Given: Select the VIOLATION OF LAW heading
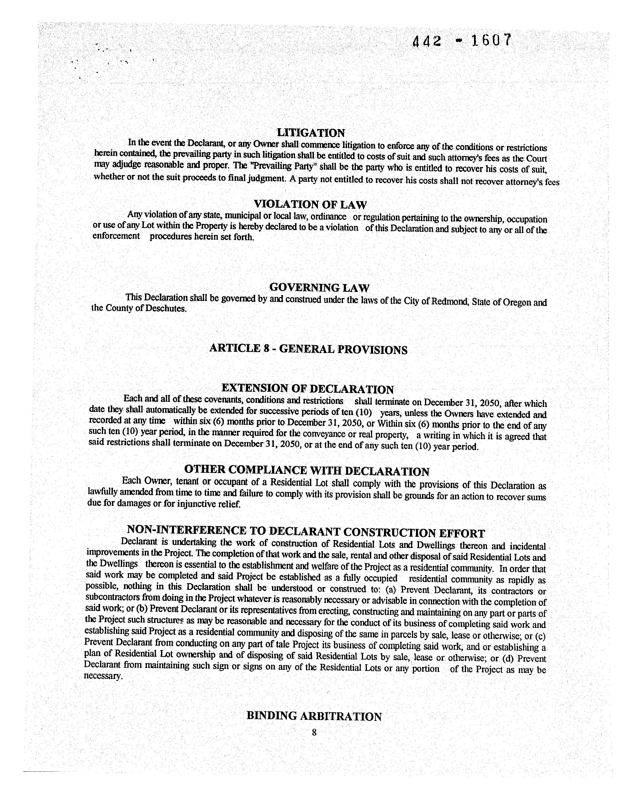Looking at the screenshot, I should click(x=310, y=204).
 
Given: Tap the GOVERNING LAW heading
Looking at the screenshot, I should click(x=319, y=287).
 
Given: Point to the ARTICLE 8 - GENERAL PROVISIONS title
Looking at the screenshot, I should click(x=308, y=349).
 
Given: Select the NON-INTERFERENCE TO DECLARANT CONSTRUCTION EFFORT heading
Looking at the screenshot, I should click(x=306, y=532).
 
